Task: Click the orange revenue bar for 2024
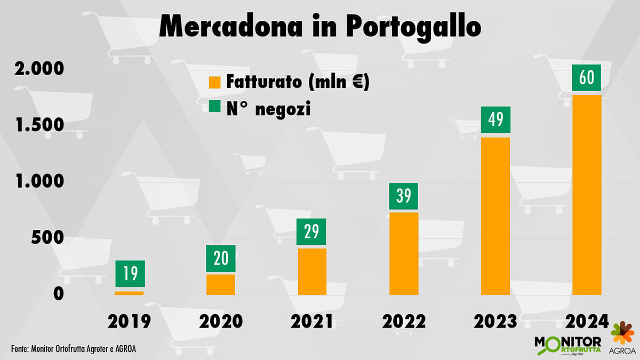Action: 587,195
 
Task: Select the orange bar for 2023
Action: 495,216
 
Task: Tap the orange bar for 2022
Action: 404,253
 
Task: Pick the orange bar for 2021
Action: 312,271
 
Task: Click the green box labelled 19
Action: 130,274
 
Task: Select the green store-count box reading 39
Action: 404,197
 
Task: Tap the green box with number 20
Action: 221,259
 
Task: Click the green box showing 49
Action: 495,120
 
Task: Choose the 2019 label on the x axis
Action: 130,322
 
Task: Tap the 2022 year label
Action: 404,322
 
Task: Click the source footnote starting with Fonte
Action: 77,348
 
